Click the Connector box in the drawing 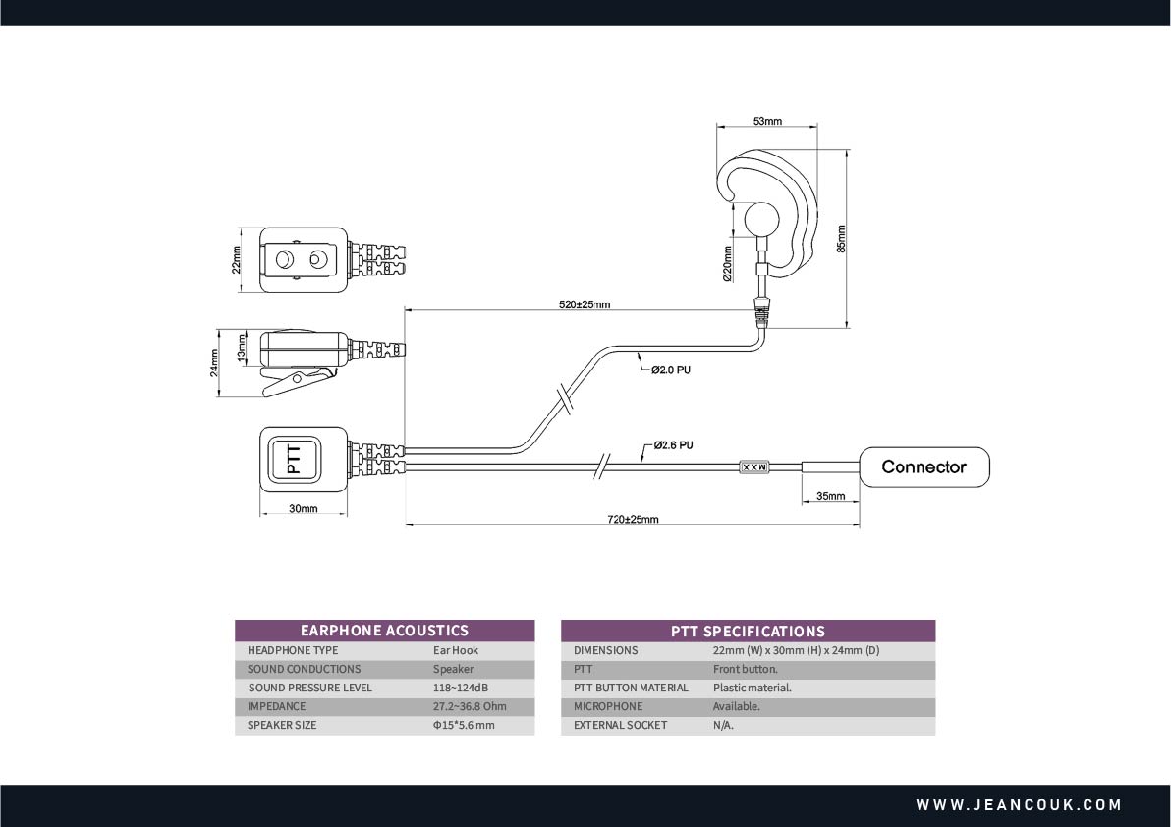(923, 467)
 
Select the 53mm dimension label (767, 121)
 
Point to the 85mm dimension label (841, 239)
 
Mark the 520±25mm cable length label (585, 304)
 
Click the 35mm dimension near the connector (830, 496)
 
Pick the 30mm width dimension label (304, 509)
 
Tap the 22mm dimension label (237, 260)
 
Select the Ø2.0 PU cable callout (672, 370)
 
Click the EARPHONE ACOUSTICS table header (384, 631)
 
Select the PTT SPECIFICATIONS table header (748, 631)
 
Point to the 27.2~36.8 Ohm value (470, 706)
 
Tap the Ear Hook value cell (456, 650)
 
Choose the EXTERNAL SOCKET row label (620, 725)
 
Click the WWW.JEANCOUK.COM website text (1019, 805)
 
